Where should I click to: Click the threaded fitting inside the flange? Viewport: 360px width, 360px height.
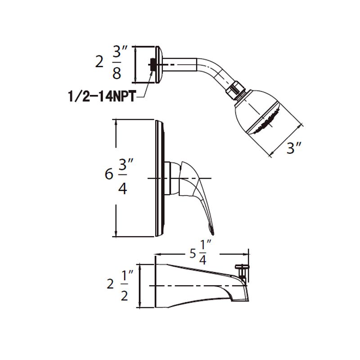[x=153, y=65]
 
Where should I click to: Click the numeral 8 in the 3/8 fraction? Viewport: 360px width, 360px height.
[x=117, y=73]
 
